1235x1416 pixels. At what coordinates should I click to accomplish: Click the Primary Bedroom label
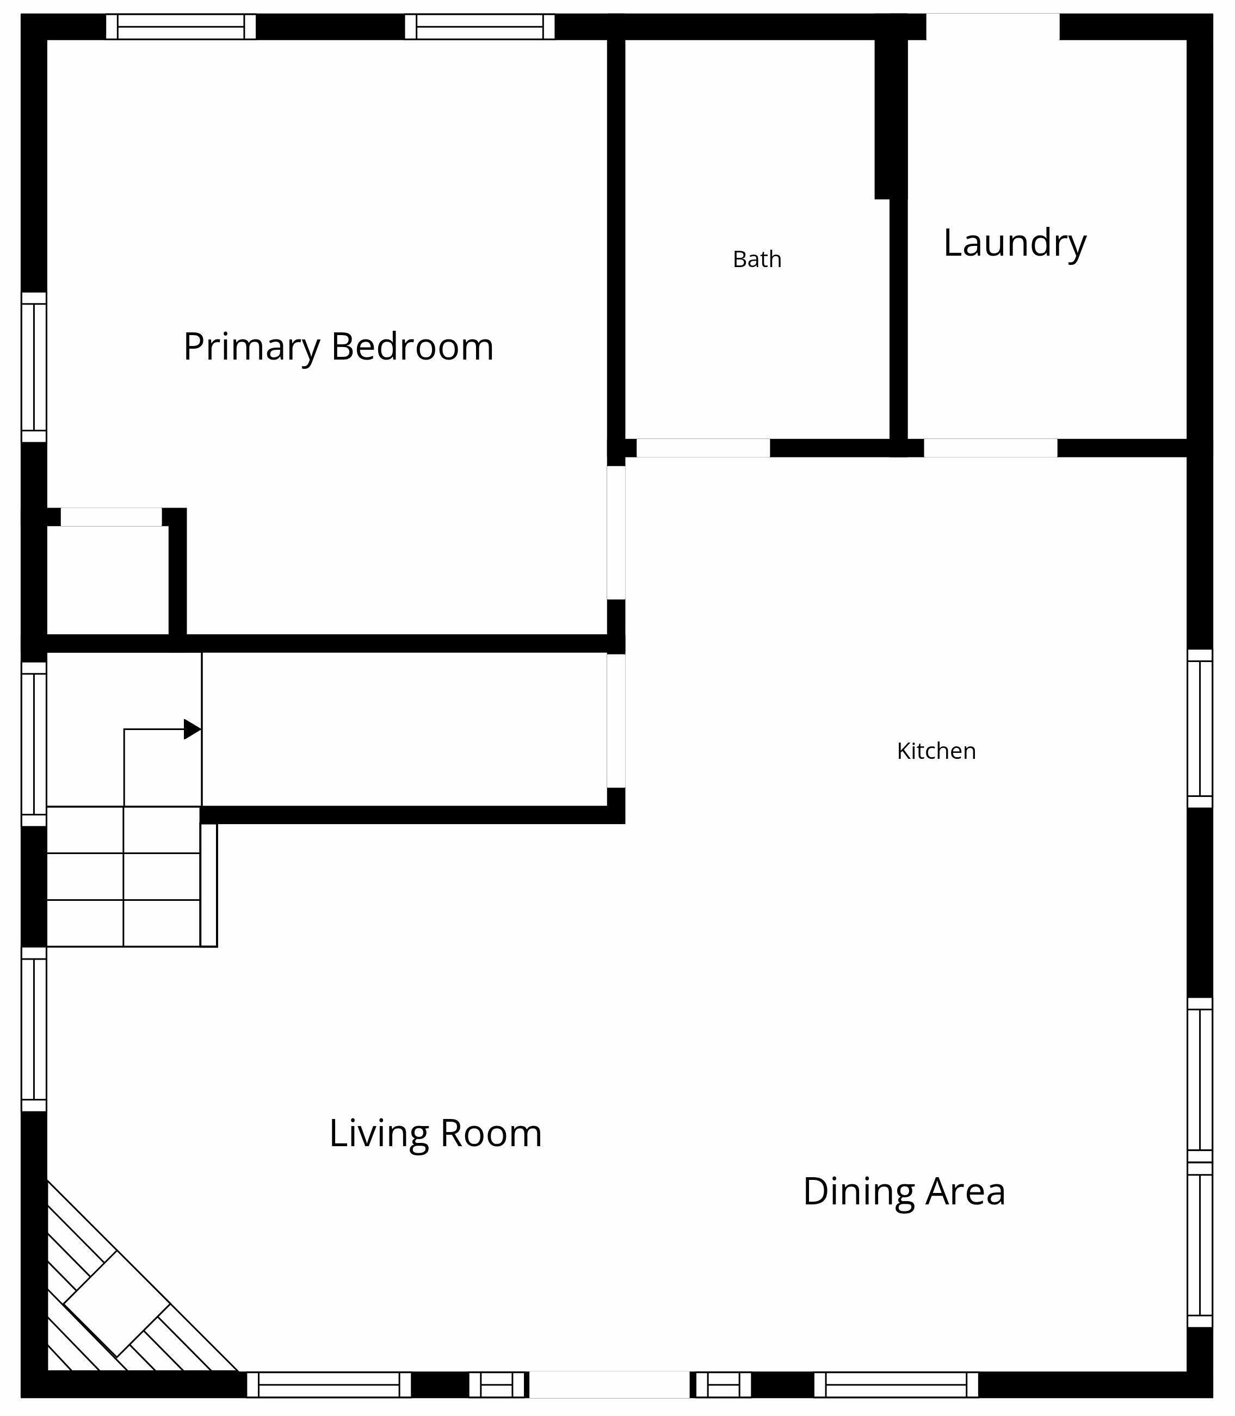click(338, 347)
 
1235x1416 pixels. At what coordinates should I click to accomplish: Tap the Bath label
click(757, 260)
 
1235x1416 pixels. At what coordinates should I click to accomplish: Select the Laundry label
click(1015, 243)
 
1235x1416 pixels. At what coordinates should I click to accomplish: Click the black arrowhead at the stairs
click(192, 729)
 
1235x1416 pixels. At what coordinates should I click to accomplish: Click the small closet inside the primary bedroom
click(108, 581)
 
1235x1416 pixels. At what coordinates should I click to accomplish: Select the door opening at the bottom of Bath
click(703, 448)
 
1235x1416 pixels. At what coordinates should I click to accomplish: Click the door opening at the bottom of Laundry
click(990, 448)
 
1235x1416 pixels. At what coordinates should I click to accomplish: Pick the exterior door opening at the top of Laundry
click(992, 27)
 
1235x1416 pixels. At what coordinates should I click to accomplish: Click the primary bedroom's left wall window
click(34, 367)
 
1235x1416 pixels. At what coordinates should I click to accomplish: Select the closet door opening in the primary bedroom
click(111, 517)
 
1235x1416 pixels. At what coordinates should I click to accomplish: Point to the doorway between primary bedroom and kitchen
click(616, 533)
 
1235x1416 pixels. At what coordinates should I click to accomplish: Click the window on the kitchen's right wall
click(1200, 728)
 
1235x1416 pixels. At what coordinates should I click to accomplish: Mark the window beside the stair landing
click(34, 744)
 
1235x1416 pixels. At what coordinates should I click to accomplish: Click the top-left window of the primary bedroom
click(181, 27)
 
